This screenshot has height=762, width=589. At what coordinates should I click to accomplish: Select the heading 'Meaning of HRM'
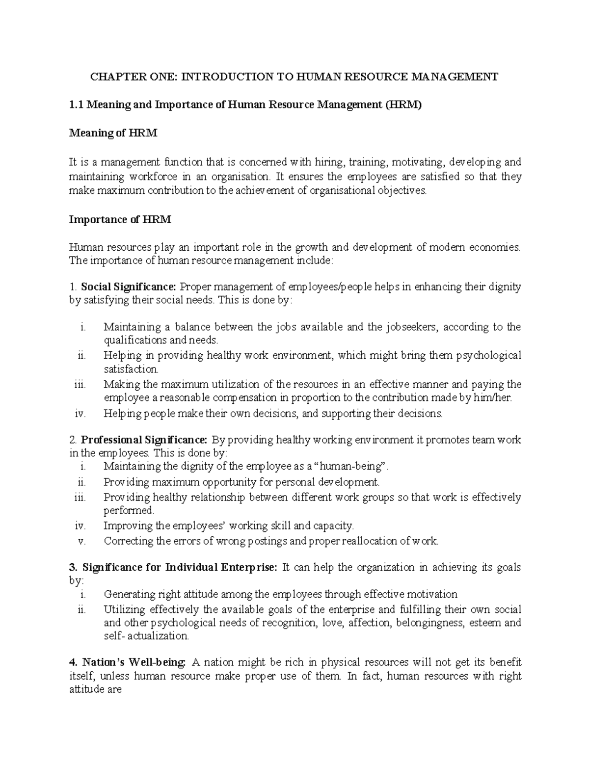(x=113, y=133)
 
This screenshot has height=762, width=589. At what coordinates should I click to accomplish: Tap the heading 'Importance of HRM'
(x=120, y=220)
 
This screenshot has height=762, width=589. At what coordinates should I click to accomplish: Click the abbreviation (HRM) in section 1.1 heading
(x=403, y=105)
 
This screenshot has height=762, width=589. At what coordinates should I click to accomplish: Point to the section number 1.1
(x=77, y=105)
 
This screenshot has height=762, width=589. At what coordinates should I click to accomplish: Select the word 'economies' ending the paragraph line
(x=495, y=247)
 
